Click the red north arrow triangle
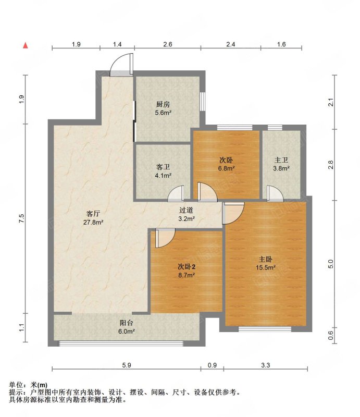tap(26, 45)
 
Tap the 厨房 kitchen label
tap(163, 104)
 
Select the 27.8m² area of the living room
tap(93, 222)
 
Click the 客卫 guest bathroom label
tap(163, 167)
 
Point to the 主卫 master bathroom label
tap(281, 160)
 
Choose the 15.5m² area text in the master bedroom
tap(265, 267)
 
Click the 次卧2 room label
tap(187, 266)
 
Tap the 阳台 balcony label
tap(126, 323)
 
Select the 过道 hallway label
tap(186, 210)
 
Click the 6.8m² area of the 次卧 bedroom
tap(226, 168)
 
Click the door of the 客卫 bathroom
tap(176, 193)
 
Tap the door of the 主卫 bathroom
tap(275, 193)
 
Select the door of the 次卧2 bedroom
tap(165, 238)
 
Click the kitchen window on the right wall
tap(203, 101)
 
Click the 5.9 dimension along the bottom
tap(127, 365)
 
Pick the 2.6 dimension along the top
tap(168, 44)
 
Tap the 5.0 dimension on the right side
tap(330, 264)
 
